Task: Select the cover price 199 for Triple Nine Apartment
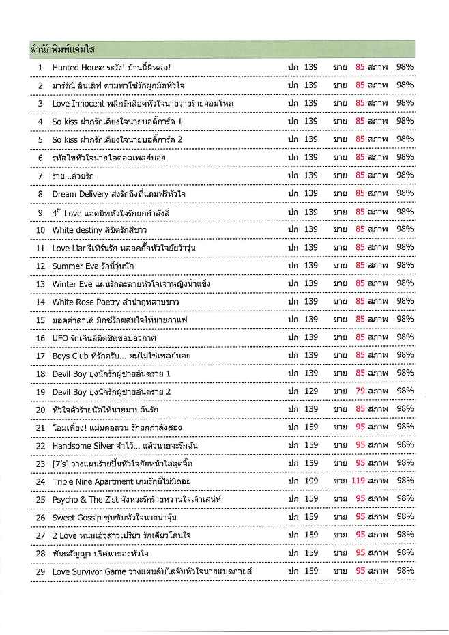point(311,481)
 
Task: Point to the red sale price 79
point(361,391)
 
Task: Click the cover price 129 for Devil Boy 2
point(311,391)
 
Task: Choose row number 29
point(40,571)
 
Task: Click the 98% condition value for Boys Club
point(405,355)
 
